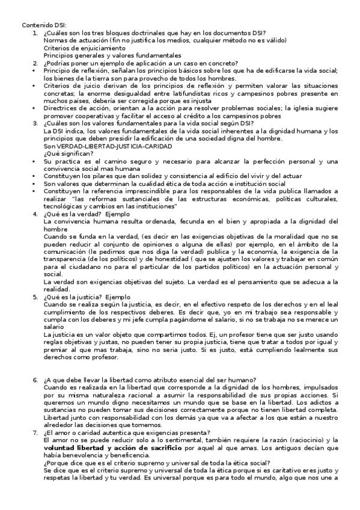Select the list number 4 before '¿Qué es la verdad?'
pyautogui.click(x=35, y=214)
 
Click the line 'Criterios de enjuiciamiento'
pyautogui.click(x=85, y=48)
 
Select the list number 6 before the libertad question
pyautogui.click(x=35, y=379)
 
